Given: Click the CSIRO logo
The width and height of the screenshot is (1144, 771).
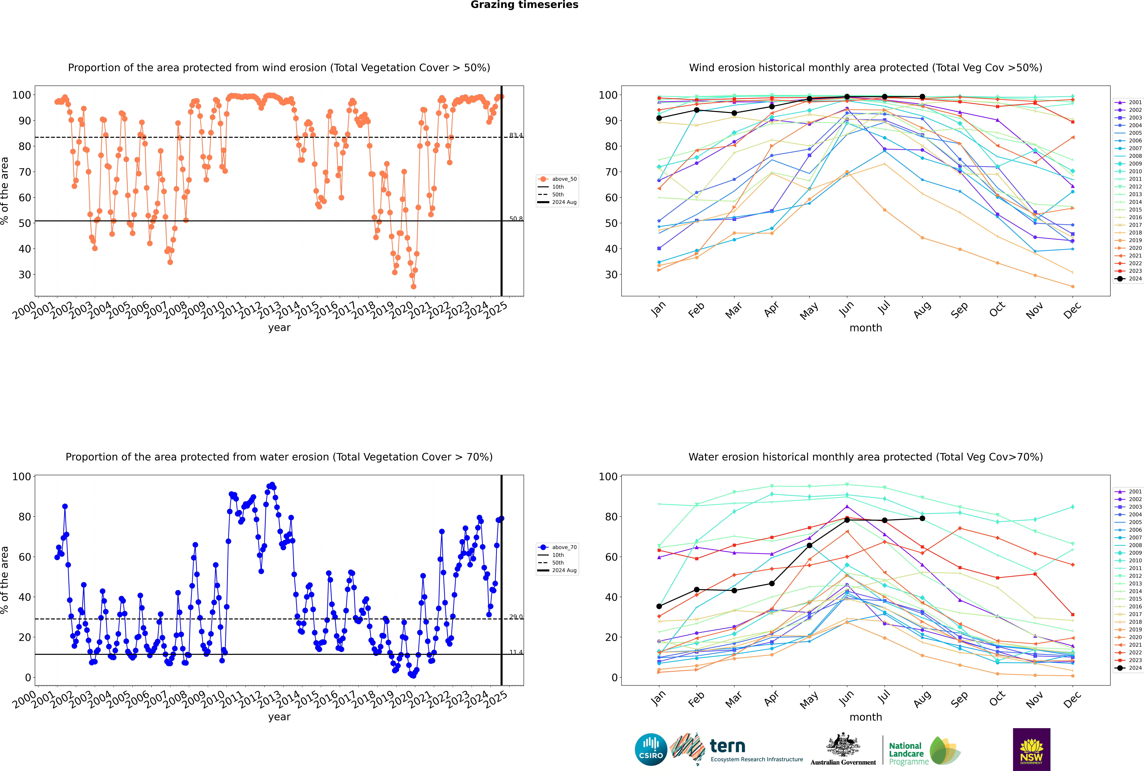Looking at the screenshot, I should coord(651,749).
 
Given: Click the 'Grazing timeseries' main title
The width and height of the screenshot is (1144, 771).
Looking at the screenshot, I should coord(524,5).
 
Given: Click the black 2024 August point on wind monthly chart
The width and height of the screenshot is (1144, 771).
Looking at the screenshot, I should coord(922,97).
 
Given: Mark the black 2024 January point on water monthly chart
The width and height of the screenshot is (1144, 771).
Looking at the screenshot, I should coord(659,606).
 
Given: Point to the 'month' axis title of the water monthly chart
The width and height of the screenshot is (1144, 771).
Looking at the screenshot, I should coord(866,717).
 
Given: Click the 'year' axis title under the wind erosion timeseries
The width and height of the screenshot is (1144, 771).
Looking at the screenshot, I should coord(279,328).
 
